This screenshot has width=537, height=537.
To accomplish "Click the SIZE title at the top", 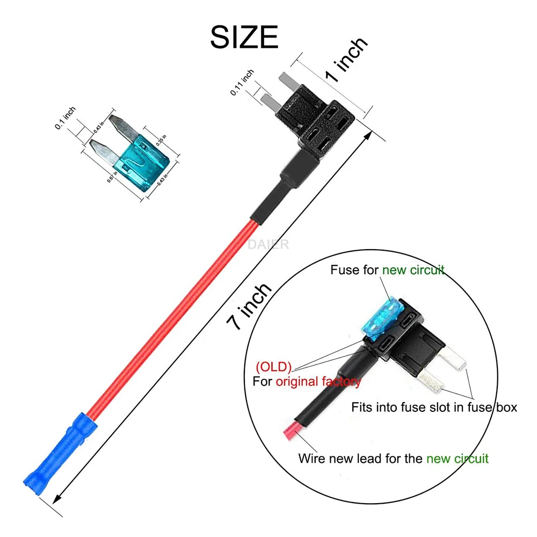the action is pos(244,37).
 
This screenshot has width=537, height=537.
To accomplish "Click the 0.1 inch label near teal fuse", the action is pos(66,118).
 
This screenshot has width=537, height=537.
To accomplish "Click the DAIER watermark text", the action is pos(268,245).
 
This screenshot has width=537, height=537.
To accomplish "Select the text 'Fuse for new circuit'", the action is pos(387,270).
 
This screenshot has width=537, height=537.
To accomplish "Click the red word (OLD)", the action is pos(274,368).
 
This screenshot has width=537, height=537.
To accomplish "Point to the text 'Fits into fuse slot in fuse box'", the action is pos(434,407).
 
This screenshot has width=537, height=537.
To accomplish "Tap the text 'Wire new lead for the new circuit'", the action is pos(393,459).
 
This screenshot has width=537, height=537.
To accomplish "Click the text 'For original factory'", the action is pos(307,382).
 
